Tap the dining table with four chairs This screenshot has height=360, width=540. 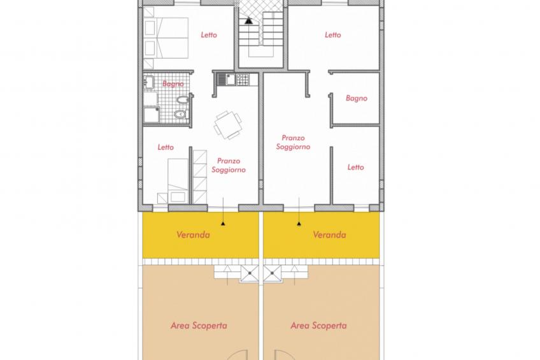[x=227, y=125]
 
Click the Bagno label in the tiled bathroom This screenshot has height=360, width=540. [x=173, y=83]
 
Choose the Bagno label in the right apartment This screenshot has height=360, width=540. [x=357, y=98]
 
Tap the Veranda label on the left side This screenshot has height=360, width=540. [x=193, y=234]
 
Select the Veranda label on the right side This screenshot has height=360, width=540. [x=330, y=234]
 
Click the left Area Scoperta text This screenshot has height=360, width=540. [x=199, y=326]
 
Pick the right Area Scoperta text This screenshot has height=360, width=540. [x=318, y=326]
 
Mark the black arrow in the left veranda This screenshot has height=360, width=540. [x=222, y=223]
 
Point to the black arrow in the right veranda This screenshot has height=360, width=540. [x=297, y=223]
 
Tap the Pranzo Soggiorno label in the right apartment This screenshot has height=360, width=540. [x=293, y=142]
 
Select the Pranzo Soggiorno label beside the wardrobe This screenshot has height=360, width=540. [x=228, y=166]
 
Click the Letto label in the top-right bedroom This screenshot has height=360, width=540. [x=333, y=35]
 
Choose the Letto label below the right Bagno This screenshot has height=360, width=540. [x=356, y=167]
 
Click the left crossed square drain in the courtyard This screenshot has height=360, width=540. [x=249, y=274]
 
